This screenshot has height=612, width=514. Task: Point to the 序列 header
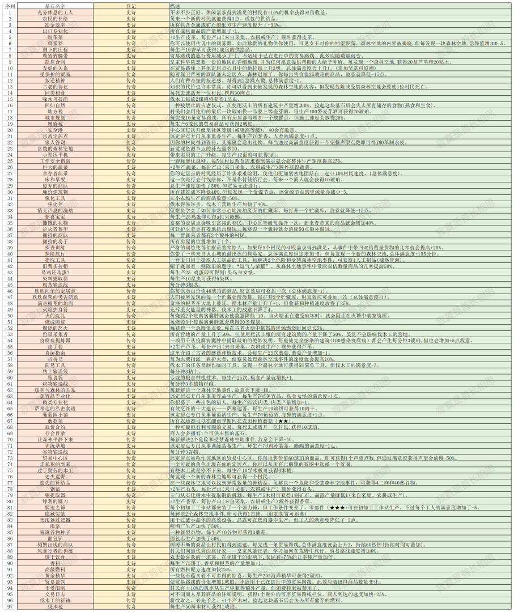9,5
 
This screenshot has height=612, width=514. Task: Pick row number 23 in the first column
9,148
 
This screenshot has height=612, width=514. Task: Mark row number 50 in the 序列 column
9,316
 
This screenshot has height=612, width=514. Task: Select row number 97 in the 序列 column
9,606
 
